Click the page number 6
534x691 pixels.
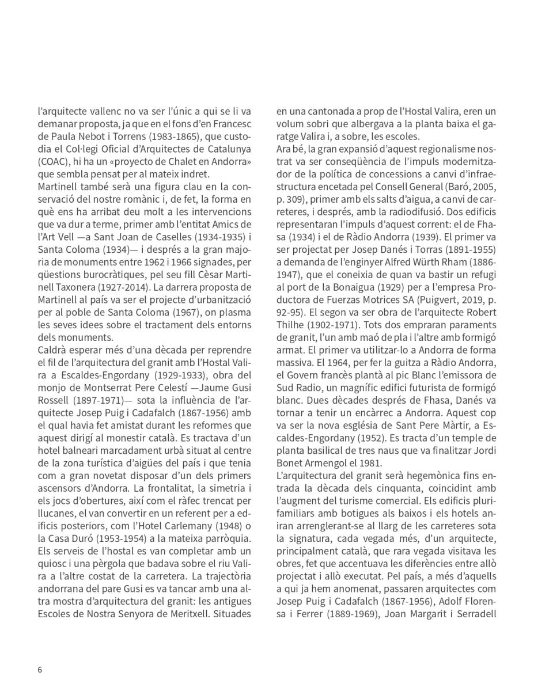[40, 669]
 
